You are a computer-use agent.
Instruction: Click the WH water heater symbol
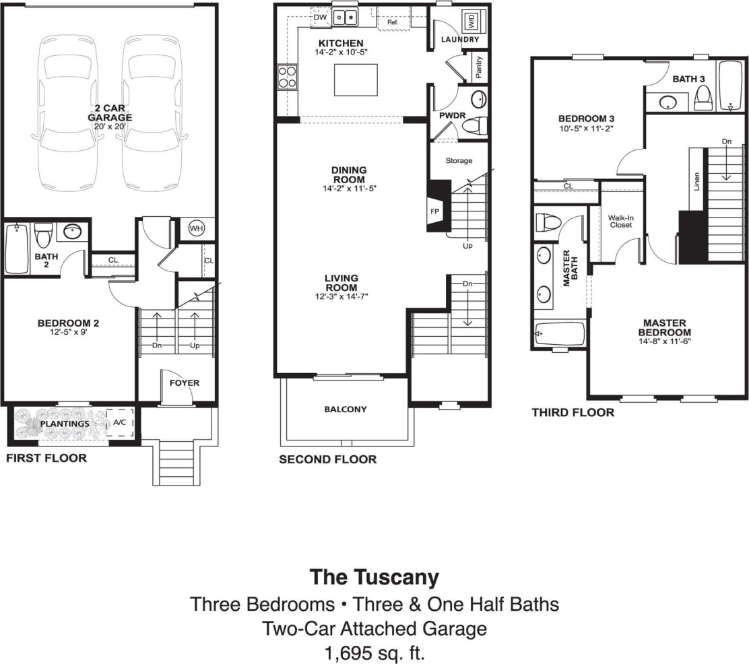tap(196, 228)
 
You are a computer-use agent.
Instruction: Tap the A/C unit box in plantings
tap(120, 422)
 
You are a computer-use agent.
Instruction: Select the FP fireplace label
tap(434, 211)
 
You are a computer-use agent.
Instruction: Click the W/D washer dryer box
tap(470, 20)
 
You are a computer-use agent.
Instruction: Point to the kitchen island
tap(356, 79)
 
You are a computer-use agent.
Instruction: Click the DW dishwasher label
tap(320, 18)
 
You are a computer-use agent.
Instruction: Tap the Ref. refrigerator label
tap(393, 22)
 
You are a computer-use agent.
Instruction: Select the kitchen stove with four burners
tap(288, 77)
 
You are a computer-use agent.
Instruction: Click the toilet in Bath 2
tap(43, 235)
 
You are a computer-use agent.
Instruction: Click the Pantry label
tap(479, 67)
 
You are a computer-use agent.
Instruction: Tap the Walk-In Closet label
tap(620, 221)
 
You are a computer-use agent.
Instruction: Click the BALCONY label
tap(346, 409)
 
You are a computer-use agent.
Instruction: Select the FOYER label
tap(184, 383)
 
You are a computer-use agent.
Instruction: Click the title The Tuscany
tap(374, 577)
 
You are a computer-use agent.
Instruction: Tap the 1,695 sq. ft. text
tap(374, 653)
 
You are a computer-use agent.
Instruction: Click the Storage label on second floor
tap(459, 161)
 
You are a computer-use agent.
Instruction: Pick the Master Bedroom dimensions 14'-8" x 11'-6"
tap(664, 341)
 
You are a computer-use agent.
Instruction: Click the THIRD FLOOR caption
tap(573, 412)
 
